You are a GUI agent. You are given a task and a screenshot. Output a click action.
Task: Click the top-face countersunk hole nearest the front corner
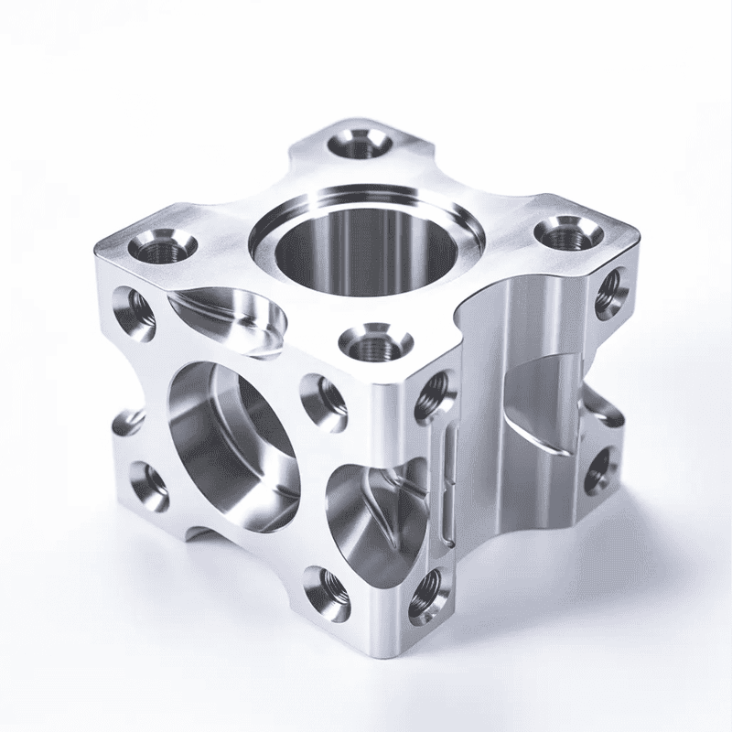(x=376, y=347)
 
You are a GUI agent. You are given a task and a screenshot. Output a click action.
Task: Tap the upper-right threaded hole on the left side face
(x=322, y=395)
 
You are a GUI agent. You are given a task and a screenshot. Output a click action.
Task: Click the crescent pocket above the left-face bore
(x=233, y=316)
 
